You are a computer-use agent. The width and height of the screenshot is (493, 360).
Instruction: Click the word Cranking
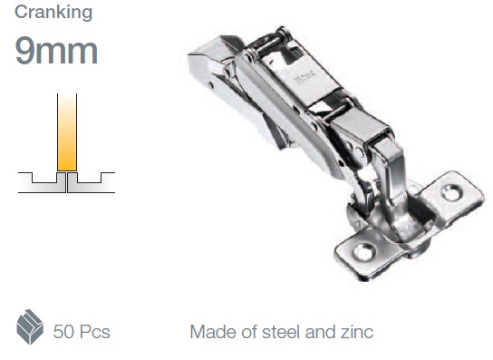coord(53,13)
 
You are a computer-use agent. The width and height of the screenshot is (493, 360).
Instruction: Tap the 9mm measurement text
coord(56,51)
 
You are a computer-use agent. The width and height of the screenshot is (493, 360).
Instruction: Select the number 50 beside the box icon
coord(63,332)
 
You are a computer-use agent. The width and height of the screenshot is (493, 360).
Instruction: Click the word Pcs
coord(94,332)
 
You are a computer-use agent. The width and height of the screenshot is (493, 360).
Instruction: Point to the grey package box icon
coord(30,327)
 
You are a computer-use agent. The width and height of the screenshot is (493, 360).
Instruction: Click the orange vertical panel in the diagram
coord(67,132)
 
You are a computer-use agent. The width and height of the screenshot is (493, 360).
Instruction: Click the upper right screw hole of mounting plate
coord(452,192)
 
